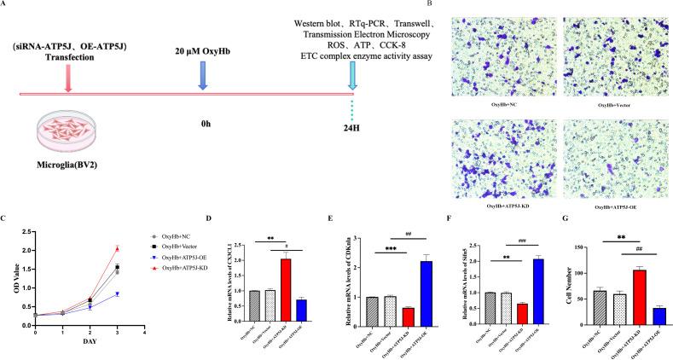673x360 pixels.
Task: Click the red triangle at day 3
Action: [x=116, y=248]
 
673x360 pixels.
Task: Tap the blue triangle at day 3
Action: [x=116, y=293]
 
